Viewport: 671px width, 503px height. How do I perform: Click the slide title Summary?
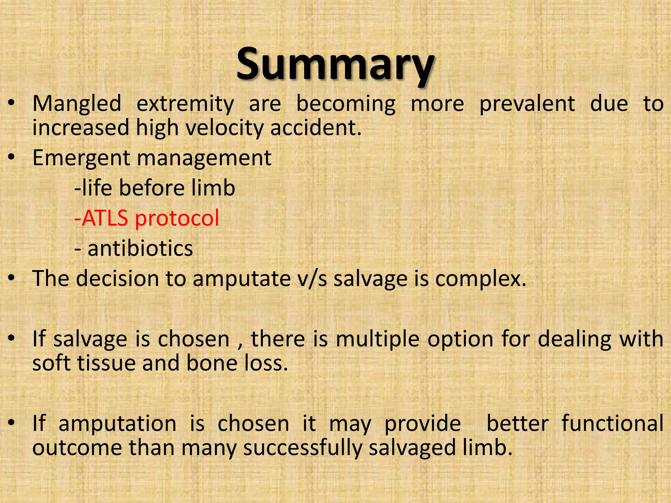[335, 64]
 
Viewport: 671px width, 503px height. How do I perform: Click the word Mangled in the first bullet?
[77, 104]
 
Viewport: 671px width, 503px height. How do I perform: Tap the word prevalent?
[527, 104]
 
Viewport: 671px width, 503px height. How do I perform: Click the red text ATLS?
[105, 218]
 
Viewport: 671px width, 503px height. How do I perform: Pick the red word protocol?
[177, 219]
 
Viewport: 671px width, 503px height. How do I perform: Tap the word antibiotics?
[140, 248]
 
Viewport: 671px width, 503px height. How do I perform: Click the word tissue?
[106, 363]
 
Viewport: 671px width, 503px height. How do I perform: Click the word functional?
[612, 423]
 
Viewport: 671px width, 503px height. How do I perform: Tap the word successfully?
[302, 448]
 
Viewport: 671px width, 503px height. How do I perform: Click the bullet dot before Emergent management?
[12, 158]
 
